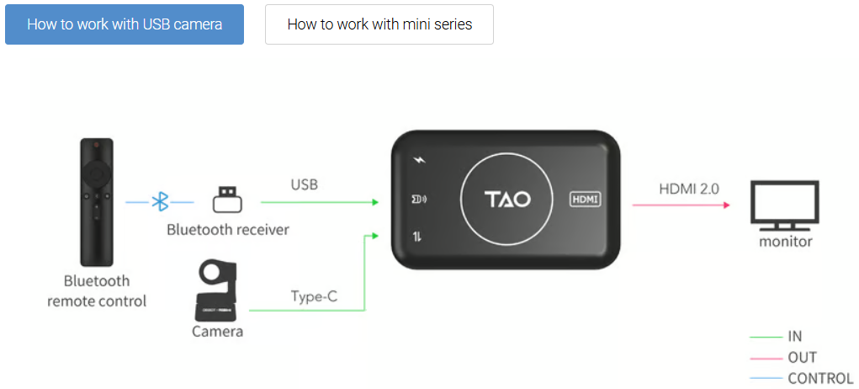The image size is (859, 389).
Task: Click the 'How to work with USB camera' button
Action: (125, 24)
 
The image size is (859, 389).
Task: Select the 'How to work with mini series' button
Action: (379, 24)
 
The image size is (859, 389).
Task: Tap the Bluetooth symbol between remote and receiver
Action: (160, 202)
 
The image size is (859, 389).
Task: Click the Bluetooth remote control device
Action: (96, 202)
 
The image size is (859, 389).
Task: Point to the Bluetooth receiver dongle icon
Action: (227, 200)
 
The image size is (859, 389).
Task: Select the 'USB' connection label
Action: (304, 184)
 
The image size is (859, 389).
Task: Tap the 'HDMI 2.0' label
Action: (688, 189)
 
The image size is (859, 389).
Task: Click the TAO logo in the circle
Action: (507, 200)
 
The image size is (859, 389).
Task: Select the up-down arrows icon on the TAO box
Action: (417, 237)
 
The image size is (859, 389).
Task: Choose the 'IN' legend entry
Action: (794, 336)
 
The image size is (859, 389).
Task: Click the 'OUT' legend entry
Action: (802, 357)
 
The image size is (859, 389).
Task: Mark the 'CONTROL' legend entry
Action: (820, 379)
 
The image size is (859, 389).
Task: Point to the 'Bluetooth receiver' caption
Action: (227, 229)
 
